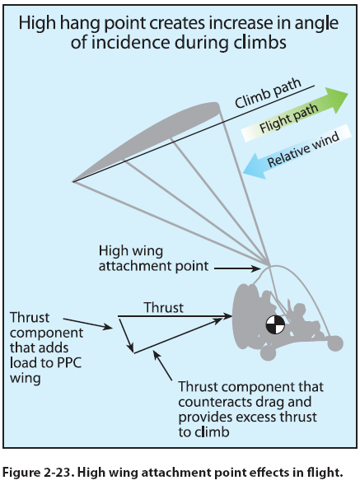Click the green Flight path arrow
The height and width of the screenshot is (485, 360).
pyautogui.click(x=295, y=115)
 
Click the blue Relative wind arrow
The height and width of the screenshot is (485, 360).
pyautogui.click(x=297, y=152)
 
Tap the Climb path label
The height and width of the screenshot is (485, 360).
pyautogui.click(x=268, y=93)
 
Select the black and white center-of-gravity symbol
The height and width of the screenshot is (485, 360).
pyautogui.click(x=275, y=324)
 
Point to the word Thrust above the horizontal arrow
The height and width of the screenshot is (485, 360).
pyautogui.click(x=163, y=307)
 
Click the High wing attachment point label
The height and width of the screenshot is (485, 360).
pyautogui.click(x=153, y=259)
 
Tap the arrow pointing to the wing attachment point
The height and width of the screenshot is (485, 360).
pyautogui.click(x=237, y=268)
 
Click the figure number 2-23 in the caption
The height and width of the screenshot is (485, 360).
pyautogui.click(x=58, y=473)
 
